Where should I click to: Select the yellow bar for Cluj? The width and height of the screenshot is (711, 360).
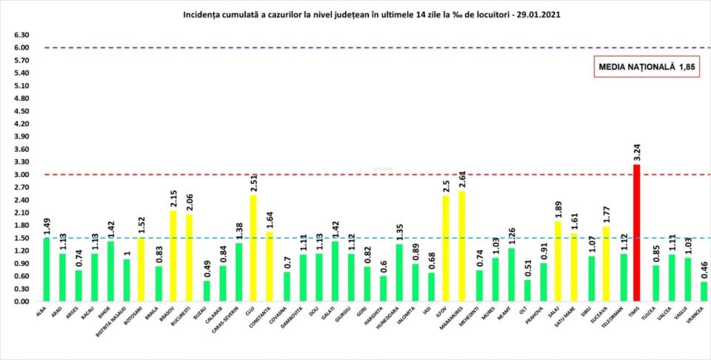(254, 249)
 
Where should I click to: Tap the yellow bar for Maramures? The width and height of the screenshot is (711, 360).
(461, 247)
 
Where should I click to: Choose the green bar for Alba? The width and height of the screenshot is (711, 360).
(47, 270)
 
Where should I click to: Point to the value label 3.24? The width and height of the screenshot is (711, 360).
(636, 153)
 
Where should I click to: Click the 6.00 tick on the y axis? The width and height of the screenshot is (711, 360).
(21, 48)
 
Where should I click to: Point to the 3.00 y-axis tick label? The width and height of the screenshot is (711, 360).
(21, 175)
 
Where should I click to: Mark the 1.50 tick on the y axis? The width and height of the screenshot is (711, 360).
(21, 239)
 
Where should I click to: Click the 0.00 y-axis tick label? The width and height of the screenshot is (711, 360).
(21, 302)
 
